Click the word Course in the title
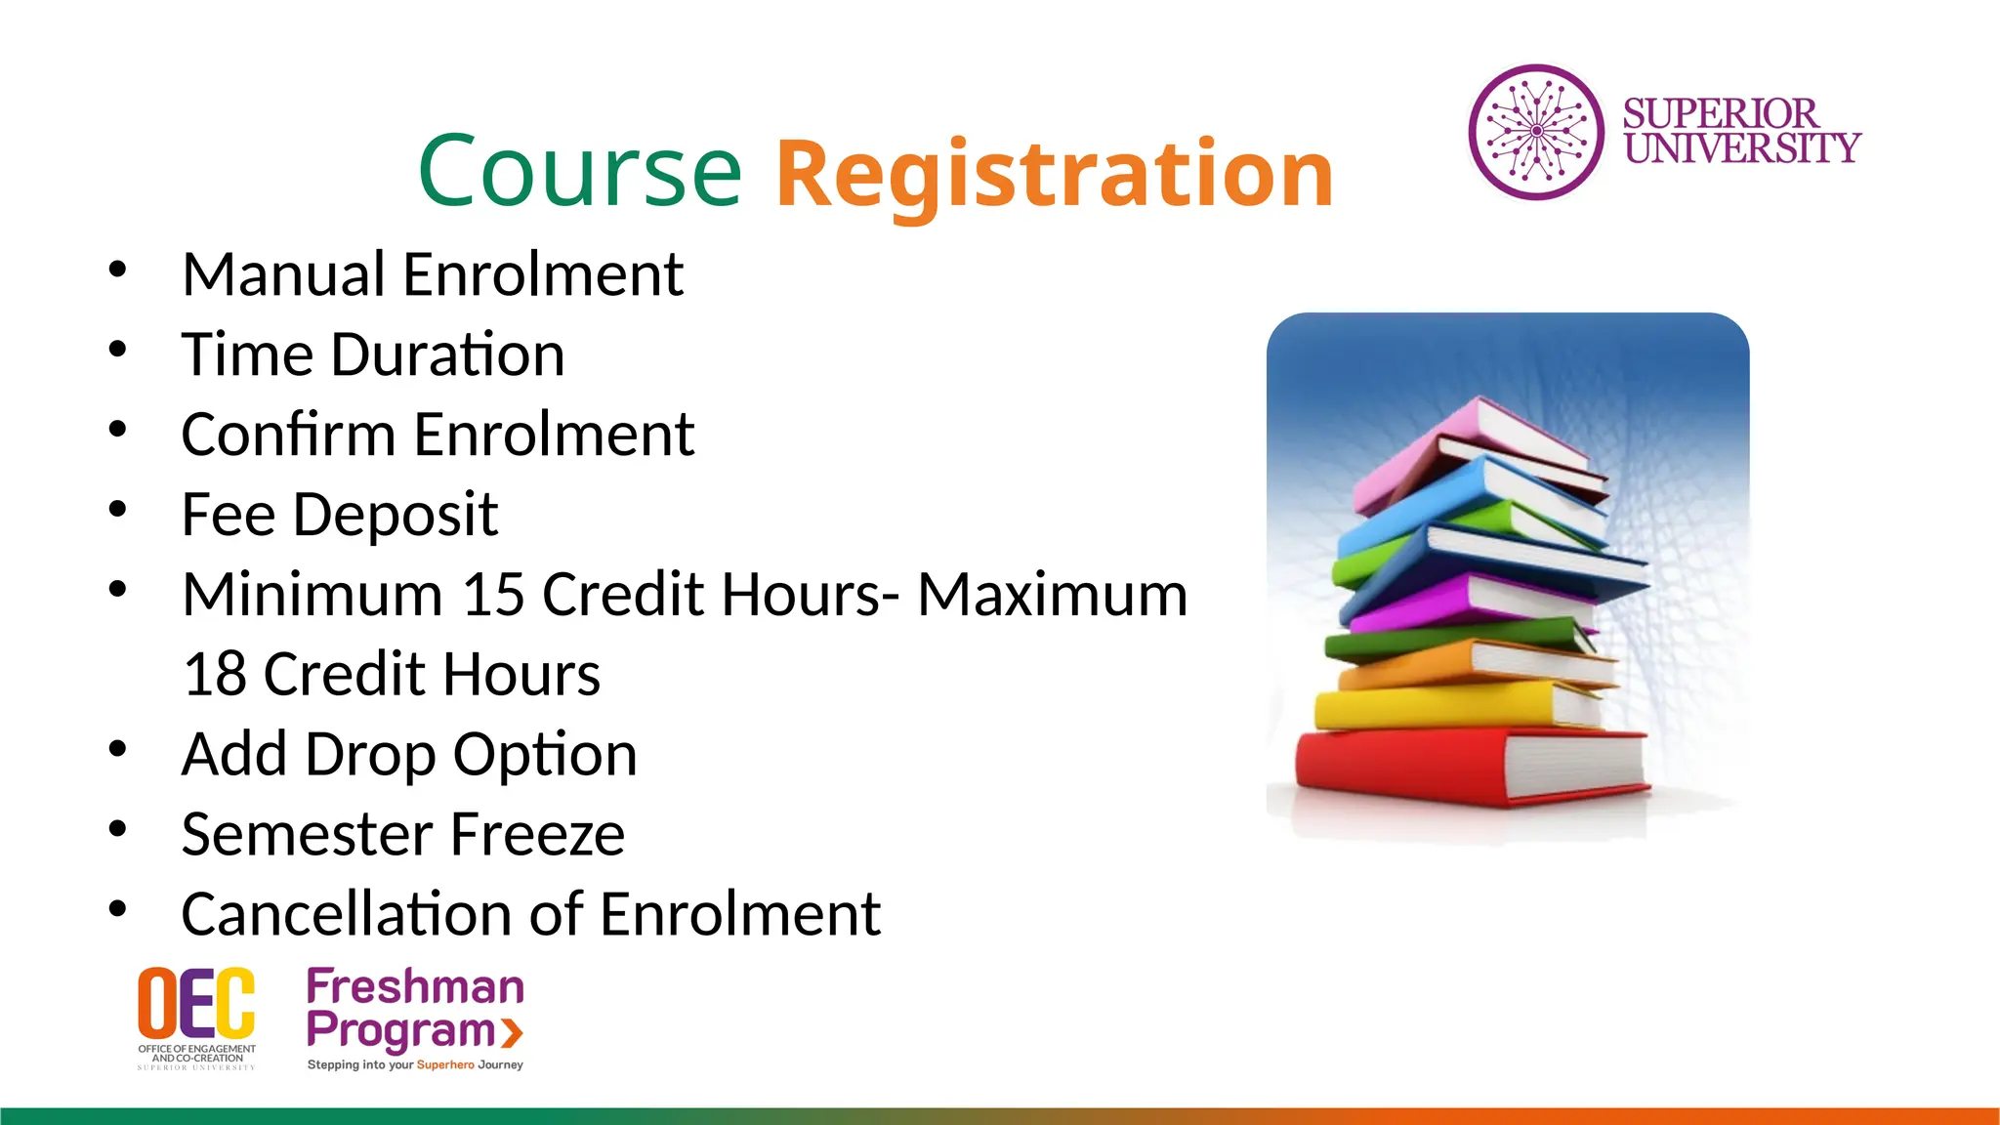point(580,172)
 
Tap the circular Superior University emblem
point(1536,132)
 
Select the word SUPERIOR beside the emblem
point(1720,114)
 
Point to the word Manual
point(283,274)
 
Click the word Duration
point(447,354)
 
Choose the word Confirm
point(287,435)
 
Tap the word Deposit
point(396,515)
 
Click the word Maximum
point(1052,595)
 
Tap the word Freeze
point(537,835)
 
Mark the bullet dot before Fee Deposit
point(118,509)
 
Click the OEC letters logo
point(196,1003)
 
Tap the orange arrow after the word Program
point(512,1032)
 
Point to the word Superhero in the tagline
point(445,1065)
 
